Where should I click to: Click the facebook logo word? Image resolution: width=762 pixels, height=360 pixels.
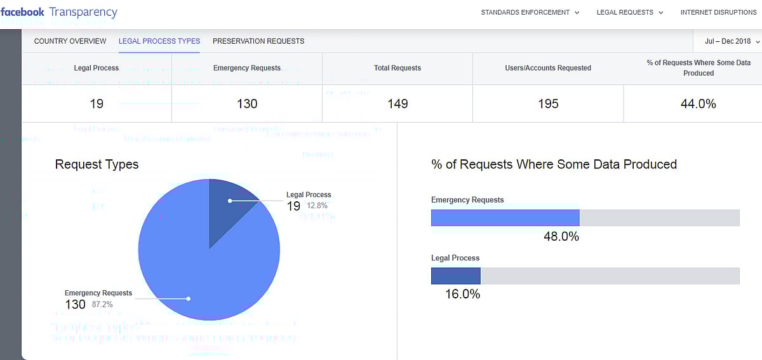[23, 12]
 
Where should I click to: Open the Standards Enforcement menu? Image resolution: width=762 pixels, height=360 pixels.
[530, 12]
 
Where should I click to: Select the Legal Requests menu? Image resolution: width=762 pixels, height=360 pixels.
[629, 12]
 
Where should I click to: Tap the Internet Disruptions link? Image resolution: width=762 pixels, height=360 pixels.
[718, 12]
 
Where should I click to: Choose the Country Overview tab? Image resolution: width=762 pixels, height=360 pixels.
[70, 41]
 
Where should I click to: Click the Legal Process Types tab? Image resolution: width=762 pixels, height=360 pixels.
[159, 41]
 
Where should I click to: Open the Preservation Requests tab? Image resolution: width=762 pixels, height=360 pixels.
[258, 41]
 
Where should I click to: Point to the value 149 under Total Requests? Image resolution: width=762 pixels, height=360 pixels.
[398, 103]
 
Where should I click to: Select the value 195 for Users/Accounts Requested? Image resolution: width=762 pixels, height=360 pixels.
[548, 103]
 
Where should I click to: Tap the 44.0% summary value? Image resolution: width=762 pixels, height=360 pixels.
[698, 103]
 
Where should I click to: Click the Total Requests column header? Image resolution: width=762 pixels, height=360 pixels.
[398, 68]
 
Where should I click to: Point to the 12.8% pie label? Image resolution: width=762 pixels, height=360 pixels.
[317, 206]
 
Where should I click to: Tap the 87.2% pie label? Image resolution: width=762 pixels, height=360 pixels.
[102, 304]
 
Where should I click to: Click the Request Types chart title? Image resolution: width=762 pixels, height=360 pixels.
[97, 164]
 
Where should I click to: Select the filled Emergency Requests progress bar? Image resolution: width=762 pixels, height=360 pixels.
[505, 218]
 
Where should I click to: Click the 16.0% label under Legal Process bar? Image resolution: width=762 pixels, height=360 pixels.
[462, 294]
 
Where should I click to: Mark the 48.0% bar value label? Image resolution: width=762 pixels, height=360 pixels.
[561, 236]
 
